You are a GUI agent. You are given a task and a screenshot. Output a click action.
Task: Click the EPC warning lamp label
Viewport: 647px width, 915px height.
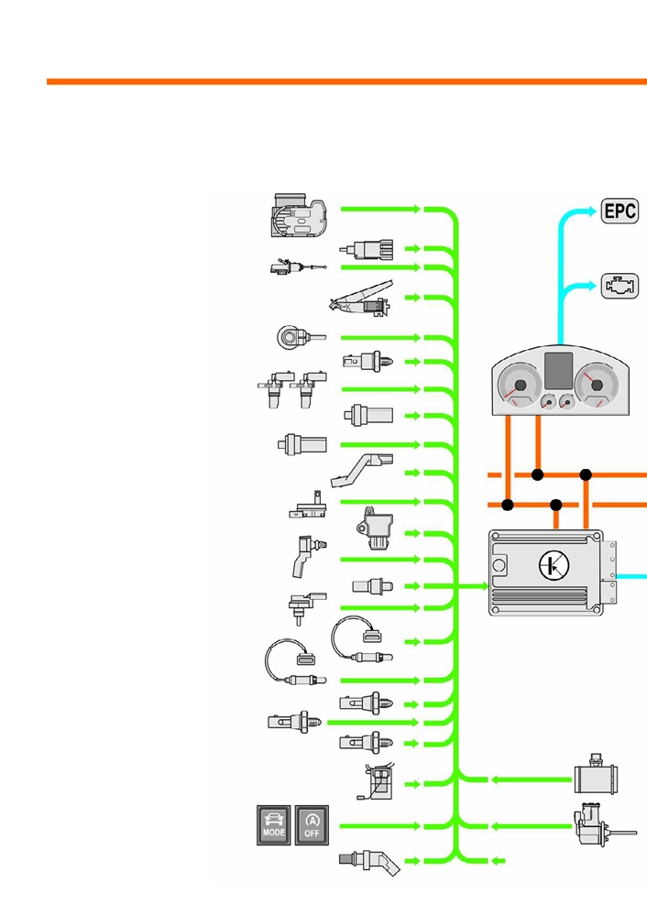click(x=620, y=211)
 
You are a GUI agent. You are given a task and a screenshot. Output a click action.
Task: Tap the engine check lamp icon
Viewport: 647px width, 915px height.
click(x=620, y=286)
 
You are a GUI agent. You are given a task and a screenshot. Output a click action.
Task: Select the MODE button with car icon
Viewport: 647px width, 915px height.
click(x=273, y=825)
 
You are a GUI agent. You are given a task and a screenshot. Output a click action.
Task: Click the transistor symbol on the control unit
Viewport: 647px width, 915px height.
click(x=553, y=565)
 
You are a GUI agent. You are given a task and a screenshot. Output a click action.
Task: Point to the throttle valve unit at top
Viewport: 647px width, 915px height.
click(x=299, y=215)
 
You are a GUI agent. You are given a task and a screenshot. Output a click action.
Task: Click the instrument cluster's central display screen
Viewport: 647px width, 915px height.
click(x=558, y=371)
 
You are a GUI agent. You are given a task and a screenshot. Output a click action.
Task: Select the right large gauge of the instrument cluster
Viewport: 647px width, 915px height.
click(x=597, y=385)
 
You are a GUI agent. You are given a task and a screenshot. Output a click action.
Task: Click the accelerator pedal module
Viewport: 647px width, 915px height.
click(x=361, y=299)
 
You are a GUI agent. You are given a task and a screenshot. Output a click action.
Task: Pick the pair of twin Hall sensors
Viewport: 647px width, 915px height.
click(x=292, y=388)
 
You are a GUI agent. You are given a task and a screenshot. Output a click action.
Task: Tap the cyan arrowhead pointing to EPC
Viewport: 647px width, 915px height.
click(x=591, y=211)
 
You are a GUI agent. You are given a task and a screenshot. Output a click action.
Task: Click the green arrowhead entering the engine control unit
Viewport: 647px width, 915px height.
click(x=484, y=586)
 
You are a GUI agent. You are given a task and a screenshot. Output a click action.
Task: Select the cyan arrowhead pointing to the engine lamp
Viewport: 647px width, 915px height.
click(x=591, y=286)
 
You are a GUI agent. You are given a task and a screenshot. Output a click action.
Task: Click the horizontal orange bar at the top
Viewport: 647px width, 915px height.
click(x=346, y=82)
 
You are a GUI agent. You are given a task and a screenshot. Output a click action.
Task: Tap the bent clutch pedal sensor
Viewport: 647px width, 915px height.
click(x=361, y=471)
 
